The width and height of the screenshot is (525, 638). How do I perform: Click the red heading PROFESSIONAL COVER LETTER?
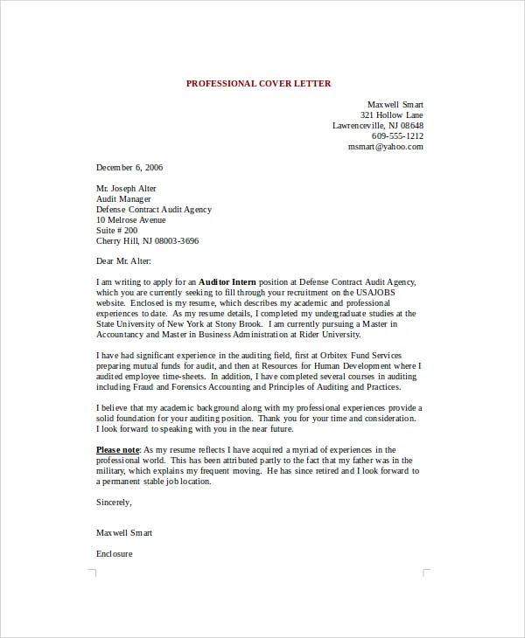[x=258, y=83]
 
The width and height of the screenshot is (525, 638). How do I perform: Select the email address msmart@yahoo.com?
[x=385, y=147]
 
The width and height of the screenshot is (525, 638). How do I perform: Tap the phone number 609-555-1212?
[x=397, y=136]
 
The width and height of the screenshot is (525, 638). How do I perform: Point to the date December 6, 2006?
[x=129, y=167]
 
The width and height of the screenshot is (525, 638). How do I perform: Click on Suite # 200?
[x=118, y=230]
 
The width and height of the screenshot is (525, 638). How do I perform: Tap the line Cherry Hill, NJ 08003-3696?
[x=147, y=240]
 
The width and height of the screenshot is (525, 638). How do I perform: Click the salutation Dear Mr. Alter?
[x=123, y=260]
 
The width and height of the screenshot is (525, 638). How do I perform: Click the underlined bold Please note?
[x=117, y=449]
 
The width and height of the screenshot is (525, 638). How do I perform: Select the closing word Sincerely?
[x=114, y=502]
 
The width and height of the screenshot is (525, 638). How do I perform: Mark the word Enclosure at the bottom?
[x=114, y=554]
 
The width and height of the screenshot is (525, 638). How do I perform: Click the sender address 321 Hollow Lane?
[x=391, y=115]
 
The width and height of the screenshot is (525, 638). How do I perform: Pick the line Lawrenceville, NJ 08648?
[x=377, y=126]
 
